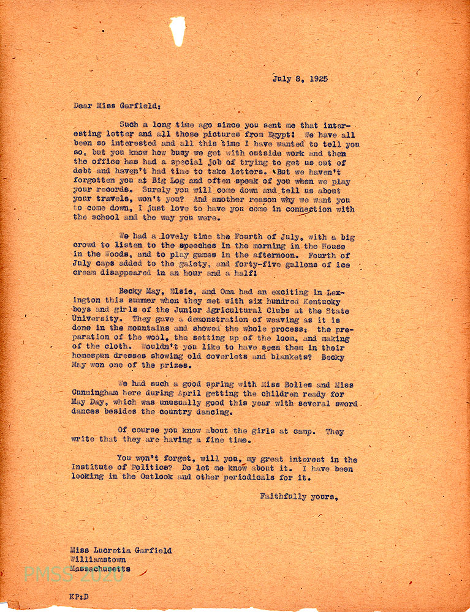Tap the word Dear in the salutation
pyautogui.click(x=83, y=105)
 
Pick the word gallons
pyautogui.click(x=305, y=265)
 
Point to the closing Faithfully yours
pyautogui.click(x=298, y=496)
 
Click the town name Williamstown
pyautogui.click(x=99, y=559)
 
